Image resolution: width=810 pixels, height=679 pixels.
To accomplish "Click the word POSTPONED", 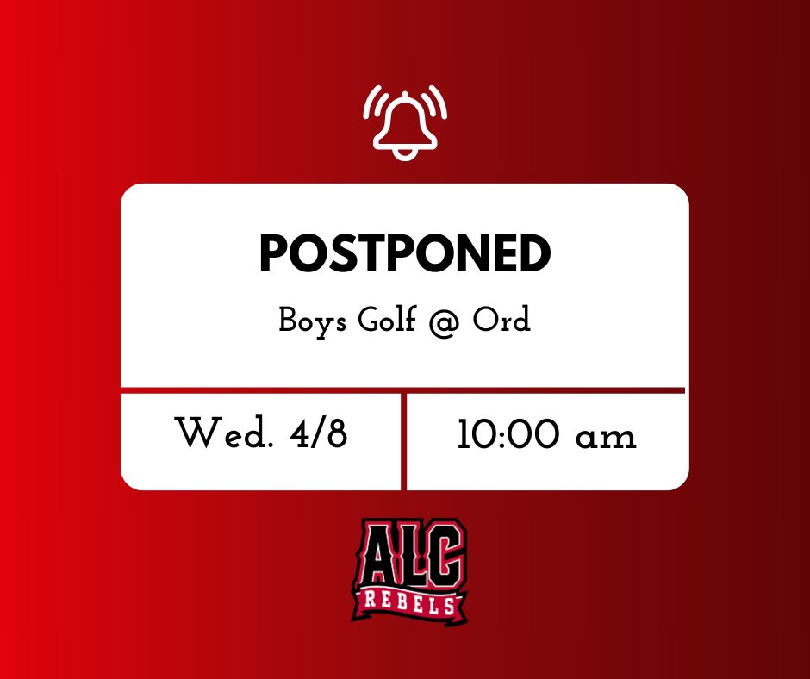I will tap(405, 254).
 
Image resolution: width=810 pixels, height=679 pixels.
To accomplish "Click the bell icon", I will tap(405, 121).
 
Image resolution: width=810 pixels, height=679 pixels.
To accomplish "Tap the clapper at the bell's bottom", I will tap(405, 153).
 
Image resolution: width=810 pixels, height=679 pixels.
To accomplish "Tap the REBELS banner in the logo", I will tap(408, 603).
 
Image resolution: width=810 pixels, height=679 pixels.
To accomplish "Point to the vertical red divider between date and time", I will tap(403, 440).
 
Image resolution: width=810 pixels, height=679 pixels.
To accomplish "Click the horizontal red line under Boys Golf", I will tap(403, 390).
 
